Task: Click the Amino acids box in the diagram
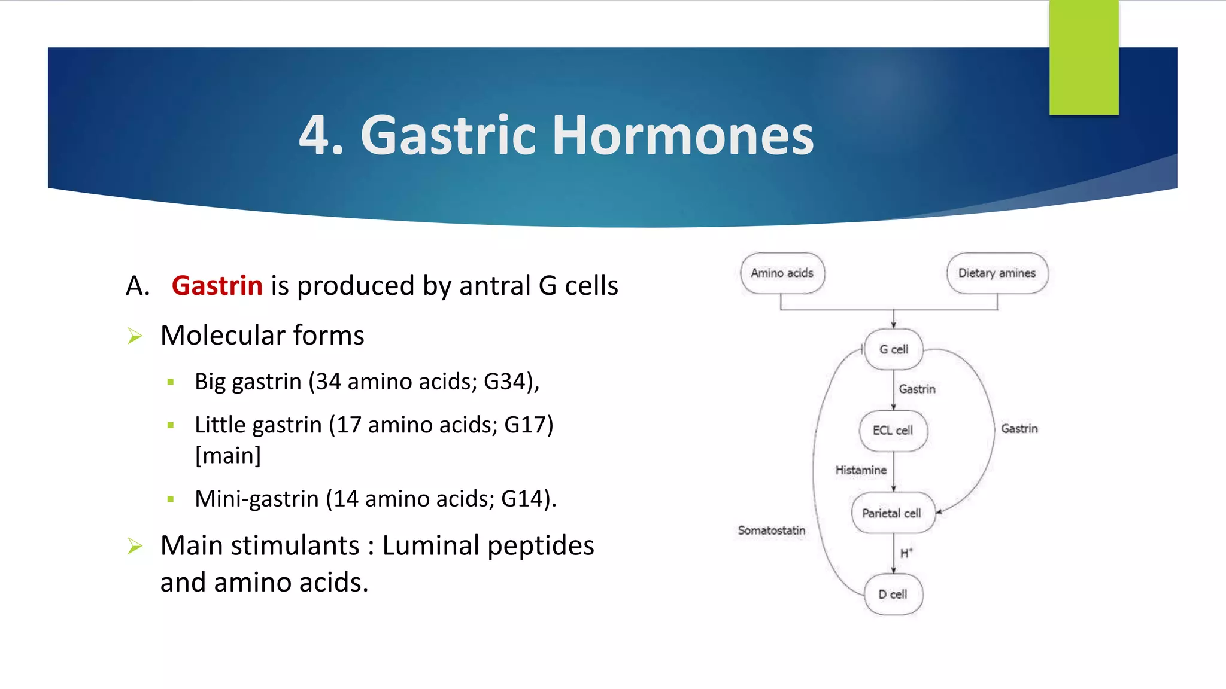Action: pos(782,273)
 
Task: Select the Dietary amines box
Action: pos(997,273)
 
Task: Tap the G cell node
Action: pos(893,349)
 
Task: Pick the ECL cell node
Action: pos(893,431)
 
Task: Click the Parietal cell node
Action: pos(892,513)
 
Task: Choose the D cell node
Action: pos(893,595)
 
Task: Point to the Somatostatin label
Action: pos(771,531)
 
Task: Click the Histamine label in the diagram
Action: pos(861,470)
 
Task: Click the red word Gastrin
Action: pos(217,286)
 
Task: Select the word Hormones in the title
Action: pos(682,136)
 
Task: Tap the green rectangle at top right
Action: pos(1084,57)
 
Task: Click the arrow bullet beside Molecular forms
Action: pos(135,336)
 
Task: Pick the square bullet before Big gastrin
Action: pos(171,382)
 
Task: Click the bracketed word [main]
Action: pos(228,456)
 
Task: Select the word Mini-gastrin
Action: pos(256,499)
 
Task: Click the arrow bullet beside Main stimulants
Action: pos(135,546)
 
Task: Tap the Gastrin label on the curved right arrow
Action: pos(1019,429)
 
